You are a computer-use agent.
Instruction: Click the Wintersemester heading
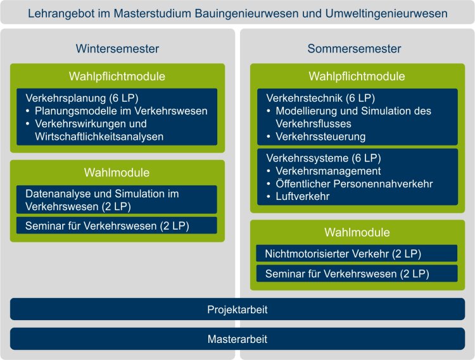tap(117, 49)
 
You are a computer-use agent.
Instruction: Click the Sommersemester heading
tap(354, 49)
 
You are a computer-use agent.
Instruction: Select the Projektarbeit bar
tap(237, 309)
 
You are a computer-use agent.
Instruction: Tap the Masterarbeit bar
tap(237, 339)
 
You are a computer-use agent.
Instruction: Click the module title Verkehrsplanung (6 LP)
tap(82, 98)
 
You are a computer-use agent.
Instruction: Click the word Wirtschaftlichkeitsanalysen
tap(99, 137)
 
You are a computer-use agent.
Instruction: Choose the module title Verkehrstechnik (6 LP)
tap(320, 98)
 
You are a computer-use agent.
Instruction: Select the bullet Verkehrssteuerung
tap(320, 137)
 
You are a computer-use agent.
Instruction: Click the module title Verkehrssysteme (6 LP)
tap(324, 158)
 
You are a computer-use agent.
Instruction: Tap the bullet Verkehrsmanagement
tap(328, 171)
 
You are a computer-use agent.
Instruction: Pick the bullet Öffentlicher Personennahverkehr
tap(354, 183)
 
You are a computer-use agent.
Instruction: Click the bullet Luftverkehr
tap(302, 196)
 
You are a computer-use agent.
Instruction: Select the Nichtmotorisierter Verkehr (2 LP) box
tap(357, 253)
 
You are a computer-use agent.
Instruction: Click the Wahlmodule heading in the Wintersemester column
tap(117, 173)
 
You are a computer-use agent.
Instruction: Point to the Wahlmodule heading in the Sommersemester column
tap(357, 232)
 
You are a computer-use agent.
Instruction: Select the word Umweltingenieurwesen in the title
tap(386, 14)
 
